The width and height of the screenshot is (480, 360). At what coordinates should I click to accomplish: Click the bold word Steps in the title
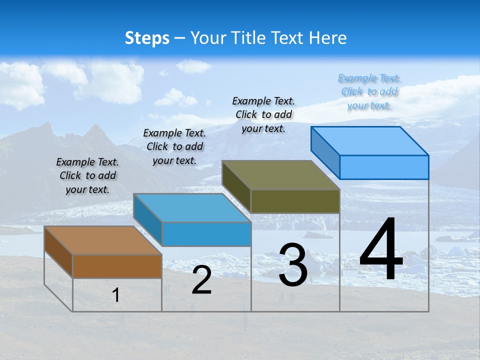tap(147, 38)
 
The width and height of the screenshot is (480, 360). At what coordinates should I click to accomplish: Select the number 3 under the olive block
tap(293, 265)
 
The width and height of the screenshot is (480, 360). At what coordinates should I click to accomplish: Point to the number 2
tap(201, 280)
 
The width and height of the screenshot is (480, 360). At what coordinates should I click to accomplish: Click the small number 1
tap(116, 295)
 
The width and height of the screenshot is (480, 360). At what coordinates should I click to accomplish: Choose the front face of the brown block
tap(117, 266)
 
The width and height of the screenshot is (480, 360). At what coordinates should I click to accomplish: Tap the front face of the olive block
tap(295, 201)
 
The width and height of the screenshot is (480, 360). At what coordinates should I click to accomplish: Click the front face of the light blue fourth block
tap(384, 167)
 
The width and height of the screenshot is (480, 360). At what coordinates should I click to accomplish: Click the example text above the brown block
tap(87, 175)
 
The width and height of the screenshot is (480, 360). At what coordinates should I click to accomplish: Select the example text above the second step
tap(174, 146)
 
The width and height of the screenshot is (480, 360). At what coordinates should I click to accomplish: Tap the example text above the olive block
tap(263, 114)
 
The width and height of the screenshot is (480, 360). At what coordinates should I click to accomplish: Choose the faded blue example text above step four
tap(369, 91)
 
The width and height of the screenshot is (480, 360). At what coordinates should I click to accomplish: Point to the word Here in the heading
tap(329, 38)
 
